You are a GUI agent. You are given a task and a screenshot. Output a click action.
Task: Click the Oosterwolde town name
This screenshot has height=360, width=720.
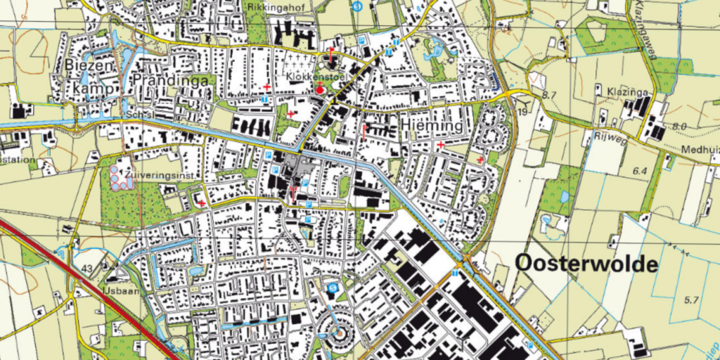[586, 264]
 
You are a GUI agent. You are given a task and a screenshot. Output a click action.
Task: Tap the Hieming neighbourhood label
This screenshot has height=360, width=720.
[432, 125]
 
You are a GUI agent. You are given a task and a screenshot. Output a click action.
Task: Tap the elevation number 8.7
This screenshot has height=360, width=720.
[550, 94]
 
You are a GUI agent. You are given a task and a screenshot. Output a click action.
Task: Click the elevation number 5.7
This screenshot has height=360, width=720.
[692, 300]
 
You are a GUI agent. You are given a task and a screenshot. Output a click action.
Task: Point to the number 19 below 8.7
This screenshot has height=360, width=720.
[522, 111]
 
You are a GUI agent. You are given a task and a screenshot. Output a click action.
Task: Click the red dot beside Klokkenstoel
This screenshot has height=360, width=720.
[319, 89]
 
